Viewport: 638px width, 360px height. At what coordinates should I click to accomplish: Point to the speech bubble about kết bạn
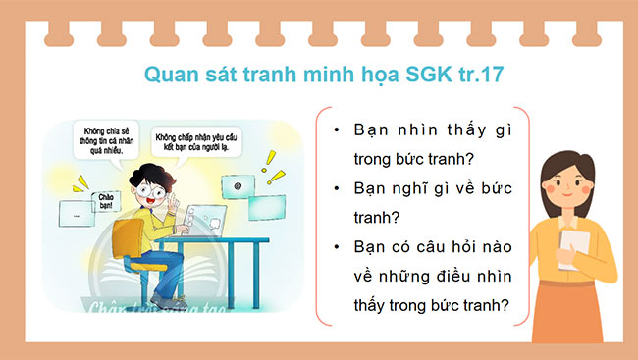[197, 146]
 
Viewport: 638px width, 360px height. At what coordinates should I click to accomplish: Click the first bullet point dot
[337, 130]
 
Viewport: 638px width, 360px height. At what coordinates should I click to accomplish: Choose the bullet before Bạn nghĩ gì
[337, 187]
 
